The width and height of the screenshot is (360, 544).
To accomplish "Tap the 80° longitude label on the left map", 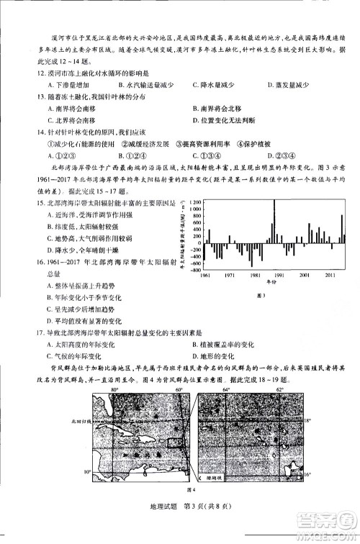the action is click(115, 389).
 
